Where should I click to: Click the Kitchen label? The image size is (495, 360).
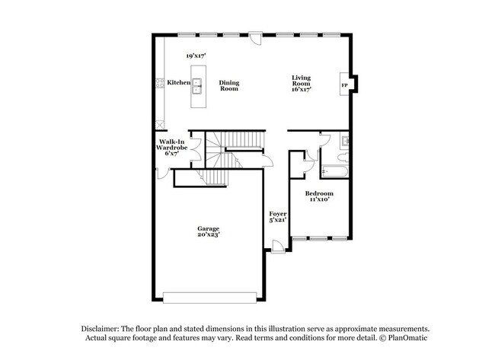[179, 82]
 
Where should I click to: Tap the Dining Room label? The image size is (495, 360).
[229, 85]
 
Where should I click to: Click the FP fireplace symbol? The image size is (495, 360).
[345, 84]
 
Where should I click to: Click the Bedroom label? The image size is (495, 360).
[319, 193]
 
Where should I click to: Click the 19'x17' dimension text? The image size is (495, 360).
[197, 56]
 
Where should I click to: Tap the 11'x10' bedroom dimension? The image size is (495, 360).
[319, 199]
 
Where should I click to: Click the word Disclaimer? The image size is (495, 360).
[103, 327]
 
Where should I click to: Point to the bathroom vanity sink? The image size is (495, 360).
[345, 141]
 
